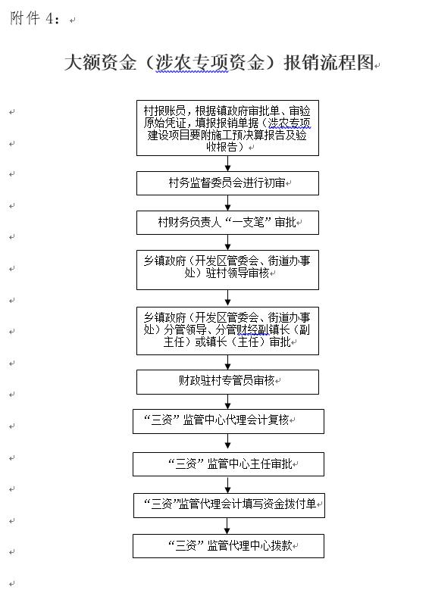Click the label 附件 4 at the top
click(35, 17)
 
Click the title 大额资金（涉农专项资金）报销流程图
click(219, 62)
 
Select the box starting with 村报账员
click(227, 128)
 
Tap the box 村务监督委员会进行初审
click(227, 183)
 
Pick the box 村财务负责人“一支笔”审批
click(227, 223)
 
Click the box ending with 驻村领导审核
click(227, 270)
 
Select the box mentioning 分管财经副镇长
click(227, 331)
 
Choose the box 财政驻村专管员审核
click(227, 382)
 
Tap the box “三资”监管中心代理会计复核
click(228, 421)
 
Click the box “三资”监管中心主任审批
click(228, 464)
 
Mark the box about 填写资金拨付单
click(229, 505)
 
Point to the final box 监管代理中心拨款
click(228, 545)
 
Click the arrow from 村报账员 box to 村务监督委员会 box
click(227, 164)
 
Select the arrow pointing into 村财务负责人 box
click(227, 203)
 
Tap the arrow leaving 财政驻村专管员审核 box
click(227, 402)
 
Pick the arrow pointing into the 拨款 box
click(227, 526)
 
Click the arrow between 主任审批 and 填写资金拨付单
click(227, 485)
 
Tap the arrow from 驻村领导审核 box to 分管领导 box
click(227, 298)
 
